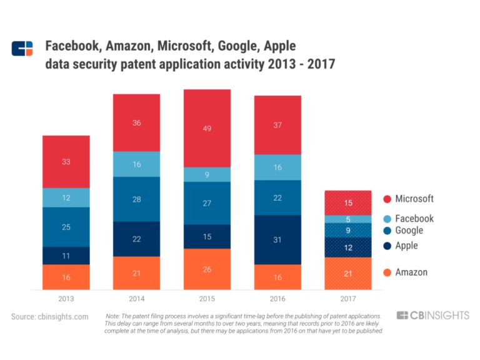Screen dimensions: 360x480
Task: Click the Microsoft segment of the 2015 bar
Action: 207,128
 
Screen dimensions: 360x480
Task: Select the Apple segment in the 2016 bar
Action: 277,239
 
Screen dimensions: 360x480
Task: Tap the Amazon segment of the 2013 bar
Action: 66,277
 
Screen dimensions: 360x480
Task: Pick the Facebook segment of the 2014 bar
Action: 136,164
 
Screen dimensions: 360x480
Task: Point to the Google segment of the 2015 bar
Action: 207,203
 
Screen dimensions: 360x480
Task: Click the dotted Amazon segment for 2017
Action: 348,273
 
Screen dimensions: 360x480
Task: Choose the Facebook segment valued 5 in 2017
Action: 348,219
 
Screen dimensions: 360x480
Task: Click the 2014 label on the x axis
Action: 136,299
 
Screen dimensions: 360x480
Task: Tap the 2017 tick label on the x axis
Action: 348,299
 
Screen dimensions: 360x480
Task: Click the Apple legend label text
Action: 407,246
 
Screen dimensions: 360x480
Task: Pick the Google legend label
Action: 409,231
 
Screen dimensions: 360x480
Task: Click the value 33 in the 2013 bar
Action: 66,162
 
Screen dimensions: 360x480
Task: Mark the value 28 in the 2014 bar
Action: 136,199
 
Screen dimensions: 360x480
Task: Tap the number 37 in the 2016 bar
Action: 277,125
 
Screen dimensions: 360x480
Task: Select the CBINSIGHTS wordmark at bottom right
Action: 432,316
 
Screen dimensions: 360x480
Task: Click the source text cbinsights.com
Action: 50,317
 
